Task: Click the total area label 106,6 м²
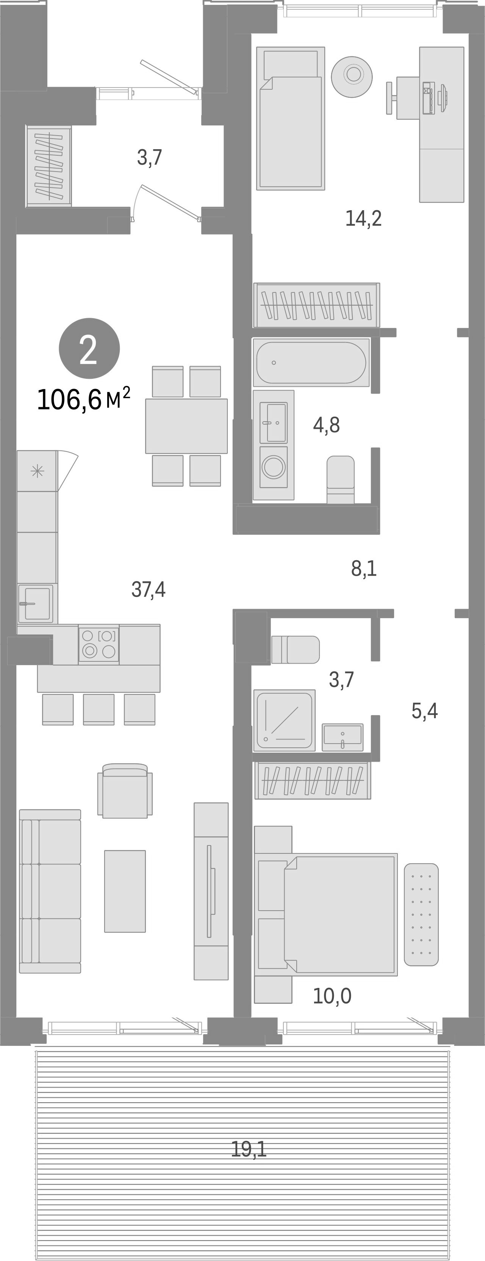pyautogui.click(x=83, y=400)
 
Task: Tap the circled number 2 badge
pyautogui.click(x=89, y=348)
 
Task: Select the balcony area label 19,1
pyautogui.click(x=249, y=1149)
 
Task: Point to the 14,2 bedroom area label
pyautogui.click(x=363, y=218)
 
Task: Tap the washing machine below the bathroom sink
pyautogui.click(x=273, y=467)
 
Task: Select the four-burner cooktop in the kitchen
pyautogui.click(x=99, y=644)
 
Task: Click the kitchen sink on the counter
pyautogui.click(x=35, y=603)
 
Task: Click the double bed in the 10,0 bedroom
pyautogui.click(x=340, y=914)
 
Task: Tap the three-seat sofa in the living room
pyautogui.click(x=50, y=891)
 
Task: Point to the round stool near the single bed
pyautogui.click(x=352, y=77)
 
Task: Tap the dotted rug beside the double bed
pyautogui.click(x=421, y=914)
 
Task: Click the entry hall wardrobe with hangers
pyautogui.click(x=49, y=166)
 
